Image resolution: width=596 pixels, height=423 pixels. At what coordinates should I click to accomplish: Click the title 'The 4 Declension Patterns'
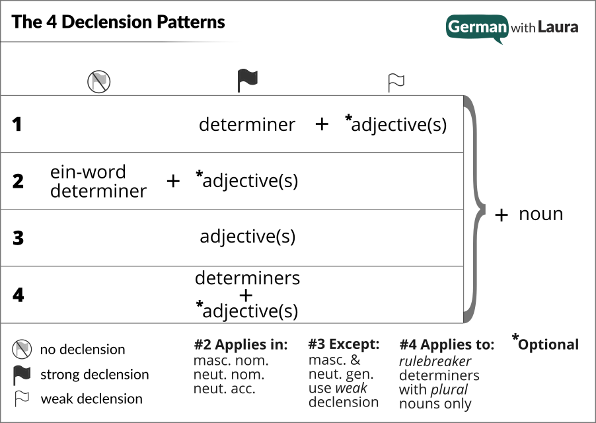pyautogui.click(x=118, y=22)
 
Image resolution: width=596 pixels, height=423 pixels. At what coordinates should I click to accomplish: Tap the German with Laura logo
pyautogui.click(x=512, y=28)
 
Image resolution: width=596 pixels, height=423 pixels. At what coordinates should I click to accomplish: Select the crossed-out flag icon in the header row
pyautogui.click(x=99, y=81)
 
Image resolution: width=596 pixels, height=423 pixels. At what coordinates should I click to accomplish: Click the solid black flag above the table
pyautogui.click(x=247, y=81)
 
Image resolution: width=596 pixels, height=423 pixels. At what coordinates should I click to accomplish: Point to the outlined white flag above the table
pyautogui.click(x=396, y=82)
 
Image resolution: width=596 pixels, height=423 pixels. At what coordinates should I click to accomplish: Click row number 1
pyautogui.click(x=17, y=124)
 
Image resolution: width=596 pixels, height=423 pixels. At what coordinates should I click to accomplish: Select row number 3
pyautogui.click(x=18, y=238)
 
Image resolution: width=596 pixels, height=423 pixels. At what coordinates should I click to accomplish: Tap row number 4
pyautogui.click(x=18, y=295)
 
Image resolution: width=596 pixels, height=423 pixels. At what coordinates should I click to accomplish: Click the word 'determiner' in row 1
pyautogui.click(x=247, y=124)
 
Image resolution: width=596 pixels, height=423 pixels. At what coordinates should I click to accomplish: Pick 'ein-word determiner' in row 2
pyautogui.click(x=98, y=182)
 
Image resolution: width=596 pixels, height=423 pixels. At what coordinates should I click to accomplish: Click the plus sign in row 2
pyautogui.click(x=173, y=181)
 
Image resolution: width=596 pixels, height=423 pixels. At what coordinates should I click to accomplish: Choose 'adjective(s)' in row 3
pyautogui.click(x=248, y=237)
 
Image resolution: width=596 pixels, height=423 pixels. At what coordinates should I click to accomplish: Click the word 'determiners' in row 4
pyautogui.click(x=247, y=278)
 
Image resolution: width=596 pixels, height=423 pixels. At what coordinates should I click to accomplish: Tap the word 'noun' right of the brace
pyautogui.click(x=540, y=214)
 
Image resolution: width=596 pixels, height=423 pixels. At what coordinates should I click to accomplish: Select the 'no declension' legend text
pyautogui.click(x=83, y=350)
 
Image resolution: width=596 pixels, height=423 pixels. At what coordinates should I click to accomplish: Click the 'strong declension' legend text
pyautogui.click(x=94, y=375)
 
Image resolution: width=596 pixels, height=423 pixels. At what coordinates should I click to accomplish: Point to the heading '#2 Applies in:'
pyautogui.click(x=241, y=344)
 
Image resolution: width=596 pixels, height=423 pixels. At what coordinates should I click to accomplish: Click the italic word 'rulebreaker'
pyautogui.click(x=435, y=362)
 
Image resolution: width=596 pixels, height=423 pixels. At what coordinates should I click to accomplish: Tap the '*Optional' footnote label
pyautogui.click(x=545, y=344)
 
